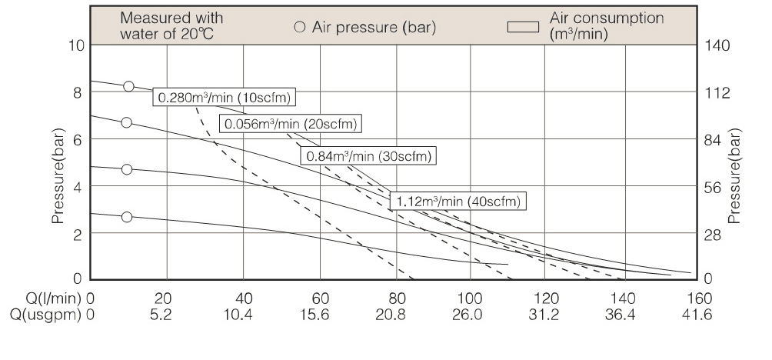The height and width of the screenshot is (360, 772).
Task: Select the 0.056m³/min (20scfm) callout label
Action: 291,124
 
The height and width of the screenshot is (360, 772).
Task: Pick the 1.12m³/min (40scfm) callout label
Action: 458,202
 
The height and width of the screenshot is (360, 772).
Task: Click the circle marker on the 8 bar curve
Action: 129,86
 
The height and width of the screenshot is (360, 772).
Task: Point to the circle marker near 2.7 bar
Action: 127,217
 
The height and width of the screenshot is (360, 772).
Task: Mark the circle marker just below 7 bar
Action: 127,122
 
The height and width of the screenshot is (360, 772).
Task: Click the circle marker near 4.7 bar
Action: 127,169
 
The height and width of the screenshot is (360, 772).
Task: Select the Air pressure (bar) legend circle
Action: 300,28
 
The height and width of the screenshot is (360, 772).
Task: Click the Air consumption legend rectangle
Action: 523,28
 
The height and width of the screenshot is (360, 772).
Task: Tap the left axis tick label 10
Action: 75,45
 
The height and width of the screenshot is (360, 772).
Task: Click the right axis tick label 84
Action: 711,139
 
